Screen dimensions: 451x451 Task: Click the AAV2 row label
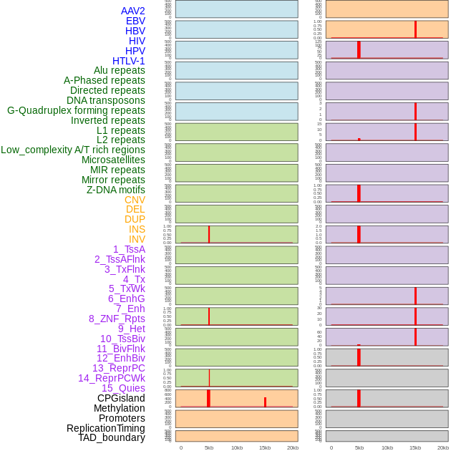[x=132, y=11]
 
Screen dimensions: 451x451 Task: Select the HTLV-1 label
[x=128, y=61]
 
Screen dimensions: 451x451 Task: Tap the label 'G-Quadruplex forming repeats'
[x=76, y=110]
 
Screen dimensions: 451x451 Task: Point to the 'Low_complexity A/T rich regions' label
[x=73, y=150]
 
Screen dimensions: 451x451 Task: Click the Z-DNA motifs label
[x=115, y=190]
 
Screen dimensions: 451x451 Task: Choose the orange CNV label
[x=135, y=200]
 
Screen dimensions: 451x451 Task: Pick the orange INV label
[x=137, y=239]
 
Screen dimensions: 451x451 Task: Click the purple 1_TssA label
[x=129, y=249]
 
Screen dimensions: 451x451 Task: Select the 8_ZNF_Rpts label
[x=117, y=319]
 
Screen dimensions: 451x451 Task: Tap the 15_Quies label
[x=123, y=388]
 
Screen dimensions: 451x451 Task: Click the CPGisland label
[x=121, y=398]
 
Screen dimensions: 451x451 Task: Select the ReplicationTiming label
[x=105, y=428]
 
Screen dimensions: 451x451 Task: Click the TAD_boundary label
[x=111, y=437]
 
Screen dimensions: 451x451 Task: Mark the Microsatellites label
[x=113, y=160]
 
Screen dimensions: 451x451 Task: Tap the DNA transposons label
[x=106, y=100]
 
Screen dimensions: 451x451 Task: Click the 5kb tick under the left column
[x=209, y=447]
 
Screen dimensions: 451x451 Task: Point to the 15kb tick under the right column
[x=415, y=447]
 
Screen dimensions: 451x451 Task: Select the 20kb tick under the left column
[x=293, y=447]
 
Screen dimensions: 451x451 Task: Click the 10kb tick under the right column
[x=387, y=447]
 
